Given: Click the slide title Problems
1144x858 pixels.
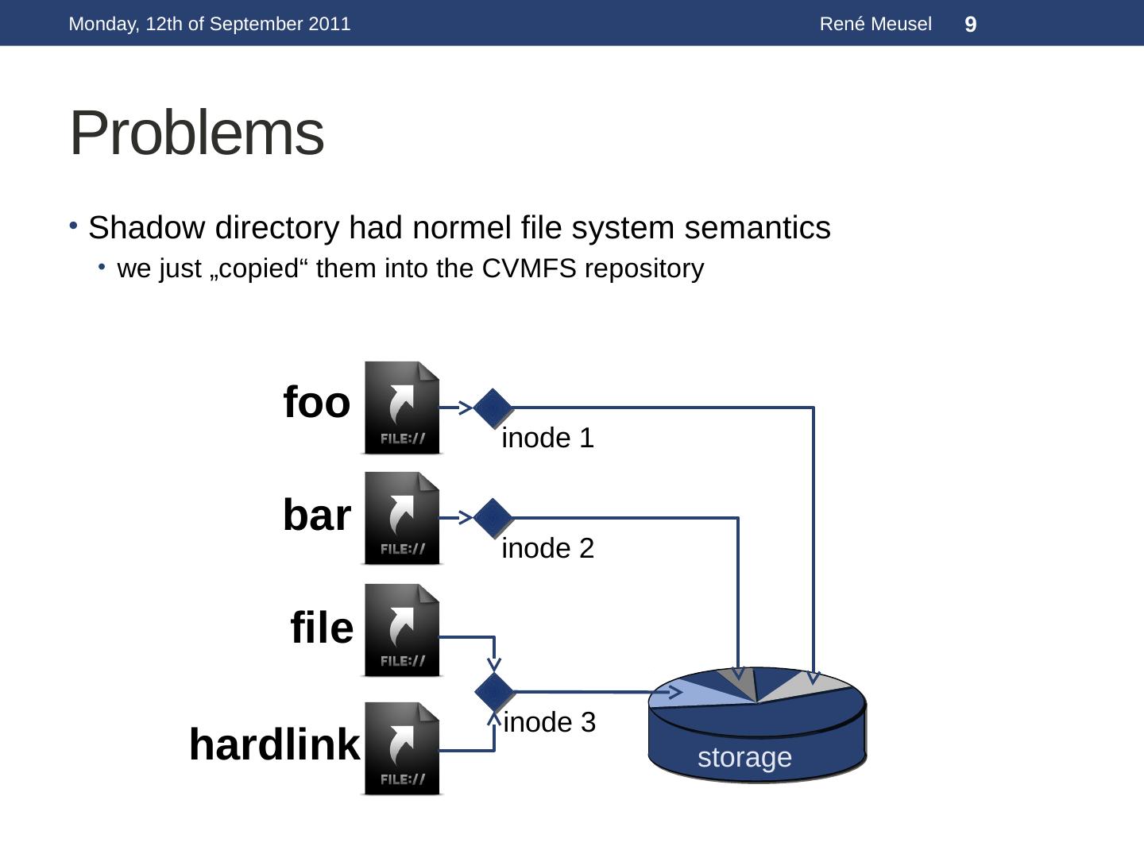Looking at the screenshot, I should (x=197, y=133).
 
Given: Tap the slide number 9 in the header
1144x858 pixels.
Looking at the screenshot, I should (x=970, y=25).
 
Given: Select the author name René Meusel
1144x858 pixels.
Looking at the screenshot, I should (x=875, y=25).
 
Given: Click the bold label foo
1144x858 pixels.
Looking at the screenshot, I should (x=316, y=402).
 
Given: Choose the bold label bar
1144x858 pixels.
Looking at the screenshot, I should (x=316, y=516).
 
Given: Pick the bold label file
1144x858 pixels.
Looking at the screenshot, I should (x=322, y=628).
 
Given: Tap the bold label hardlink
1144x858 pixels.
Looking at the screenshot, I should (x=274, y=745).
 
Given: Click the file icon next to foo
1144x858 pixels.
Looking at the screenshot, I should (x=402, y=408).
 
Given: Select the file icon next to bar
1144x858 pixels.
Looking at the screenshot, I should (x=402, y=519).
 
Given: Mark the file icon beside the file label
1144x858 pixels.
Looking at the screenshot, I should (x=402, y=631).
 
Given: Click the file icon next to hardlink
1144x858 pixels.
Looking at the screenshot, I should (x=402, y=748).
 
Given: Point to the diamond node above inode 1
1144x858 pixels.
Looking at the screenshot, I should (x=493, y=408).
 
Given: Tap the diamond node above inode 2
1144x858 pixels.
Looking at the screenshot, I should (x=493, y=518).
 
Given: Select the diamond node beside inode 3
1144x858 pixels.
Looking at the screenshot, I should (x=494, y=691).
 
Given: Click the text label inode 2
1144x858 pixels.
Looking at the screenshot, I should (x=547, y=549).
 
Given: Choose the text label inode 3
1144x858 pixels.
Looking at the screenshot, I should (x=549, y=723).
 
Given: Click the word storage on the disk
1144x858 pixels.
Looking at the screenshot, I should (x=744, y=758).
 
